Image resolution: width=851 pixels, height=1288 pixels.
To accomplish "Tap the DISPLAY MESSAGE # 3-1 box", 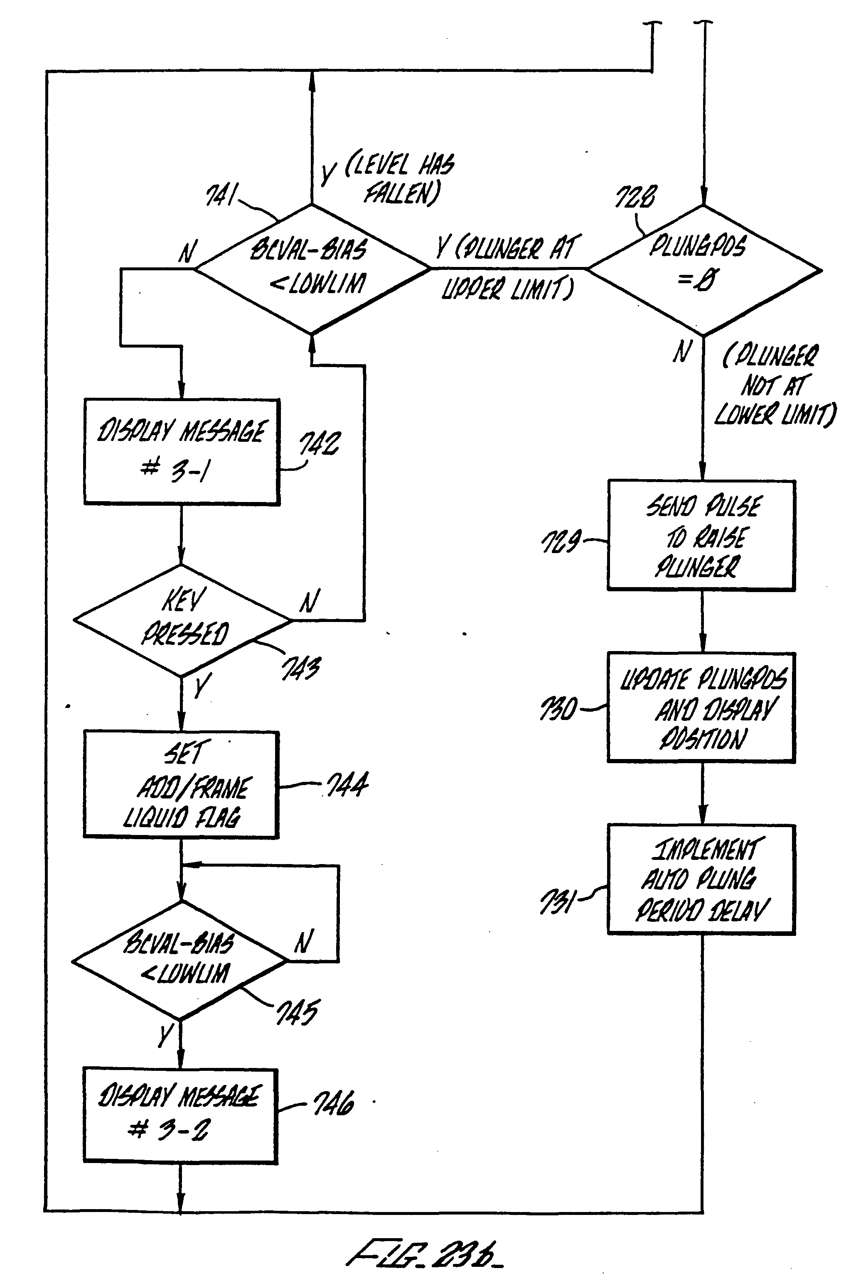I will [x=182, y=452].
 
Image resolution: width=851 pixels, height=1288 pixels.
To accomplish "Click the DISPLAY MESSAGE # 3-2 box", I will [x=180, y=1116].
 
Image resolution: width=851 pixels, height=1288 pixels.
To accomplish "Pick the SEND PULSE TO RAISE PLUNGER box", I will [x=701, y=535].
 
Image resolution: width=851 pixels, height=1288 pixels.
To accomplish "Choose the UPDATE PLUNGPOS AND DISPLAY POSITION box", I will [x=701, y=707].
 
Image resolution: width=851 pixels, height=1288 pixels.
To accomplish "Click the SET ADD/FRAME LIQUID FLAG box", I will [x=181, y=784].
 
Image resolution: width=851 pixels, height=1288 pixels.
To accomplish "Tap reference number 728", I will [x=635, y=196].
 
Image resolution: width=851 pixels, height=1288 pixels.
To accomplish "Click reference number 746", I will [x=333, y=1103].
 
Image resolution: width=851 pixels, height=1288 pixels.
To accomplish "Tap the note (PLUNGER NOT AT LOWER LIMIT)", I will [x=775, y=384].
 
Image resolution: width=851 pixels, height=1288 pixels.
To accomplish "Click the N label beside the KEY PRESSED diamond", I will [x=309, y=601].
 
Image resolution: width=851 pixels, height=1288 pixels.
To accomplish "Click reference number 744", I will [x=347, y=784].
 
